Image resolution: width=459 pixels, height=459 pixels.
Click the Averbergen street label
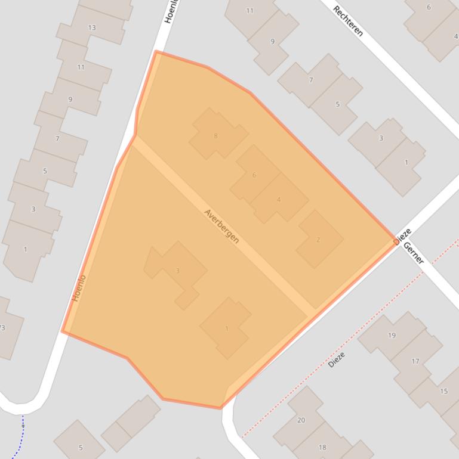(x=221, y=226)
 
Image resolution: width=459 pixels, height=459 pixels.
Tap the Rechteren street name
(x=348, y=21)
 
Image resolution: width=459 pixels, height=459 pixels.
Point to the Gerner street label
(x=414, y=253)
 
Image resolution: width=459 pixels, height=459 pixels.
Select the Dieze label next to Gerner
(x=403, y=236)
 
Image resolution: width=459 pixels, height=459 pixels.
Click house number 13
(x=91, y=27)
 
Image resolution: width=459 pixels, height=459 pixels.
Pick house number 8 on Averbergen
(x=215, y=136)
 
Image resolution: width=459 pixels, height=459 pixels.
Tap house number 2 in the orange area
(x=318, y=240)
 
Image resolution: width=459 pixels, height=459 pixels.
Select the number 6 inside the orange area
(x=254, y=175)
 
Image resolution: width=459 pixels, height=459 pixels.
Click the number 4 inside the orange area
(x=278, y=199)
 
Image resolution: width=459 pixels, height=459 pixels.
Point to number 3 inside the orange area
(x=177, y=271)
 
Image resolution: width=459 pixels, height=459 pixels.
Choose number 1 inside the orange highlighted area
(x=227, y=328)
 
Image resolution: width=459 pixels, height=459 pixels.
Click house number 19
(x=392, y=335)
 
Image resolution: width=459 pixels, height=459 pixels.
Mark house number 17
(x=415, y=361)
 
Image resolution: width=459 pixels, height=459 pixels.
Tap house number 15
(x=443, y=391)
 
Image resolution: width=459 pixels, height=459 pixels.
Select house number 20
(x=301, y=420)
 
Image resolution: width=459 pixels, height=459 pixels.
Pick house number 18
(x=322, y=447)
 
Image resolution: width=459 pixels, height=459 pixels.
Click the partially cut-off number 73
(x=2, y=327)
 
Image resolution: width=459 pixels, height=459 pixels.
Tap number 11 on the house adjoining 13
(x=81, y=67)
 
